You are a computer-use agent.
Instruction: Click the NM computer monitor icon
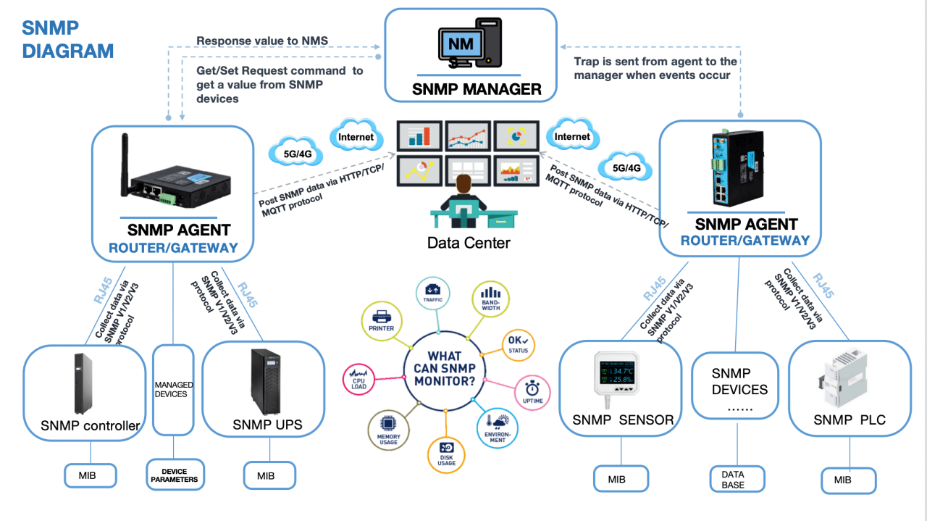point(461,45)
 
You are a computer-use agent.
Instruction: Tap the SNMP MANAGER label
point(477,90)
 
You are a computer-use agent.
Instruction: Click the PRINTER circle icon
point(382,320)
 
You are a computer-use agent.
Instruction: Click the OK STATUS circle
point(518,344)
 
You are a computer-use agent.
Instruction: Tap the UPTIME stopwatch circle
point(532,392)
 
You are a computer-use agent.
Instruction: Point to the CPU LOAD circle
point(360,378)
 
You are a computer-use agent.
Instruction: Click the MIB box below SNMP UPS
point(265,476)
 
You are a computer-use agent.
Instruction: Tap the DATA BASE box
point(732,479)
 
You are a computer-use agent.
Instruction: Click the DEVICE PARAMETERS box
point(174,475)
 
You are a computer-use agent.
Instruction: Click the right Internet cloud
point(572,136)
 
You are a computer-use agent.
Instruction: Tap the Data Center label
point(469,243)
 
